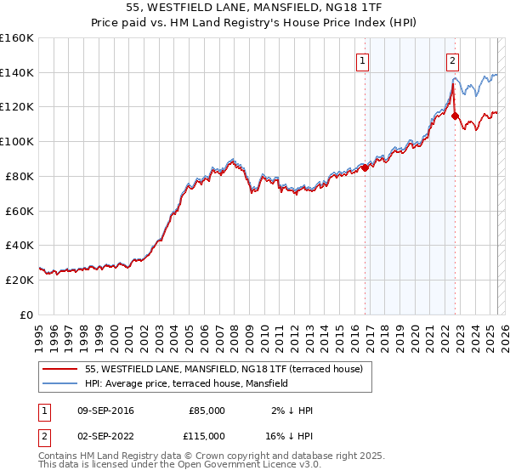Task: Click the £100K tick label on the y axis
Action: pos(18,142)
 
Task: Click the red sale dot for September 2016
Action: pos(365,167)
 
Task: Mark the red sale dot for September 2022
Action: pos(455,116)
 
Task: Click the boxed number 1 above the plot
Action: pos(363,60)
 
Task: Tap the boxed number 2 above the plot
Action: pos(453,60)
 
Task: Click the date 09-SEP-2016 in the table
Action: pos(105,411)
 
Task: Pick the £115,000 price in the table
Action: pos(206,435)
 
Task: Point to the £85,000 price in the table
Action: pos(206,411)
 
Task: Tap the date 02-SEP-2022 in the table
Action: pos(105,435)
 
